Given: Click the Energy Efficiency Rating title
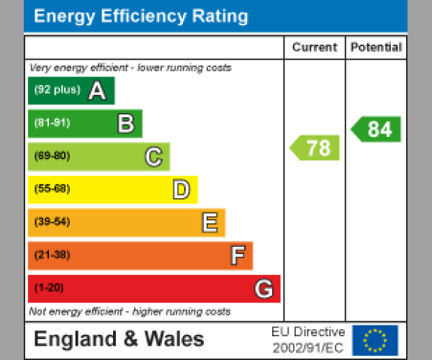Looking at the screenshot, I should coord(141,17).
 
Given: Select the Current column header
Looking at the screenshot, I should coord(315,48).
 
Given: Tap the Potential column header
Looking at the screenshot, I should coord(376,48).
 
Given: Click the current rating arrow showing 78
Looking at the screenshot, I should coord(315,148).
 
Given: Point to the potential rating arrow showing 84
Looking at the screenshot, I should coord(377,129).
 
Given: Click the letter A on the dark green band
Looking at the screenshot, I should coord(97,91).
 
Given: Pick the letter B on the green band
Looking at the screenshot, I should coord(125,124).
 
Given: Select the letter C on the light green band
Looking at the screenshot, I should coord(153,156).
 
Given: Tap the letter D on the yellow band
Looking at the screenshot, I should coord(181,190).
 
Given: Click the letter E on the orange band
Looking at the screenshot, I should coord(209,222).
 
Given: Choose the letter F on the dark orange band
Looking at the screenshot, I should coord(237,256).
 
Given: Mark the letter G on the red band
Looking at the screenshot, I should coord(264,289).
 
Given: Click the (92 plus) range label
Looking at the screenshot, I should coord(57,91).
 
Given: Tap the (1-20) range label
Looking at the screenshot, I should coord(49,288).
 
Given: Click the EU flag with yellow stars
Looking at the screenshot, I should coord(375,340).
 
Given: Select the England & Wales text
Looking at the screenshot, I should coord(119,339).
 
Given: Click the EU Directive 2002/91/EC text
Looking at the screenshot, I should coord(308,340).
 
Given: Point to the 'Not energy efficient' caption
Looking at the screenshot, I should coord(130,312).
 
